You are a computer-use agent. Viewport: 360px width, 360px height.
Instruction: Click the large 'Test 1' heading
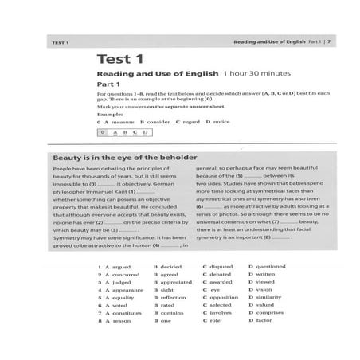tap(119, 58)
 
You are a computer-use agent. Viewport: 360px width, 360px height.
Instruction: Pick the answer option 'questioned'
tap(270, 266)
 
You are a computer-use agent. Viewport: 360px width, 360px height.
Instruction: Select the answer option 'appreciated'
tap(176, 282)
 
